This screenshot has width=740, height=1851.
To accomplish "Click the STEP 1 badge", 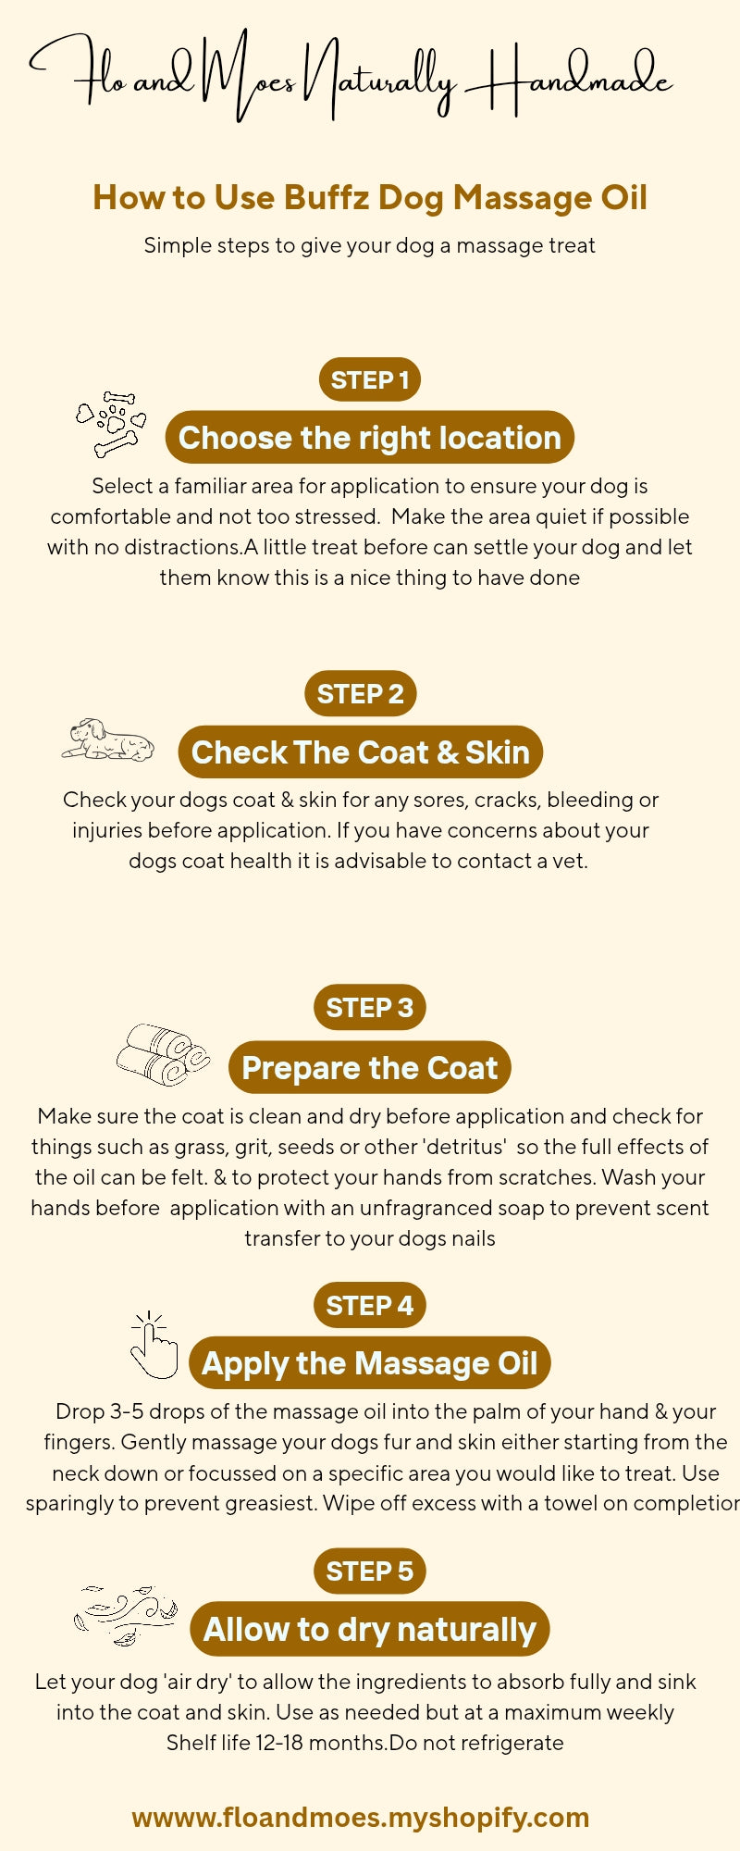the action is pos(369,379).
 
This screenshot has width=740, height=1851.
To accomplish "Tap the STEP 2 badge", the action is pos(360,693).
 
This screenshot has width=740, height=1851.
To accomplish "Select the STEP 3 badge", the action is pos(369,1007).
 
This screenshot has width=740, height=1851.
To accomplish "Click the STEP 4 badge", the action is pos(369,1305).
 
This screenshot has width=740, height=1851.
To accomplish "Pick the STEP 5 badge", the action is pos(369,1571).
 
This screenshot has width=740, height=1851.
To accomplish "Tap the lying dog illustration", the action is pos(108,740).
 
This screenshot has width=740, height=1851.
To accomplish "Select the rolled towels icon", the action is pos(163,1054).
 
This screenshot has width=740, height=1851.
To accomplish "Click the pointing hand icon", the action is pos(154,1346).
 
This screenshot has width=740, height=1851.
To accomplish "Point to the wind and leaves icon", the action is pos(126,1615).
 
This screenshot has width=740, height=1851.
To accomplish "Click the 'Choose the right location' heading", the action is pos(369,438).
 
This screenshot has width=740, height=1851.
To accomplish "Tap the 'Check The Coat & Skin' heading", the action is pos(360,752).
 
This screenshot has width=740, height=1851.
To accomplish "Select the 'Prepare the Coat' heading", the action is pos(369,1067).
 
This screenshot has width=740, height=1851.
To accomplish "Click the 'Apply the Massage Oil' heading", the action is pos(369,1363).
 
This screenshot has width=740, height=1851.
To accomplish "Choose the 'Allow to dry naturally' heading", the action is pos(369,1629).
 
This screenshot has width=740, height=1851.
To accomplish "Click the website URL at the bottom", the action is pos(361,1817).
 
